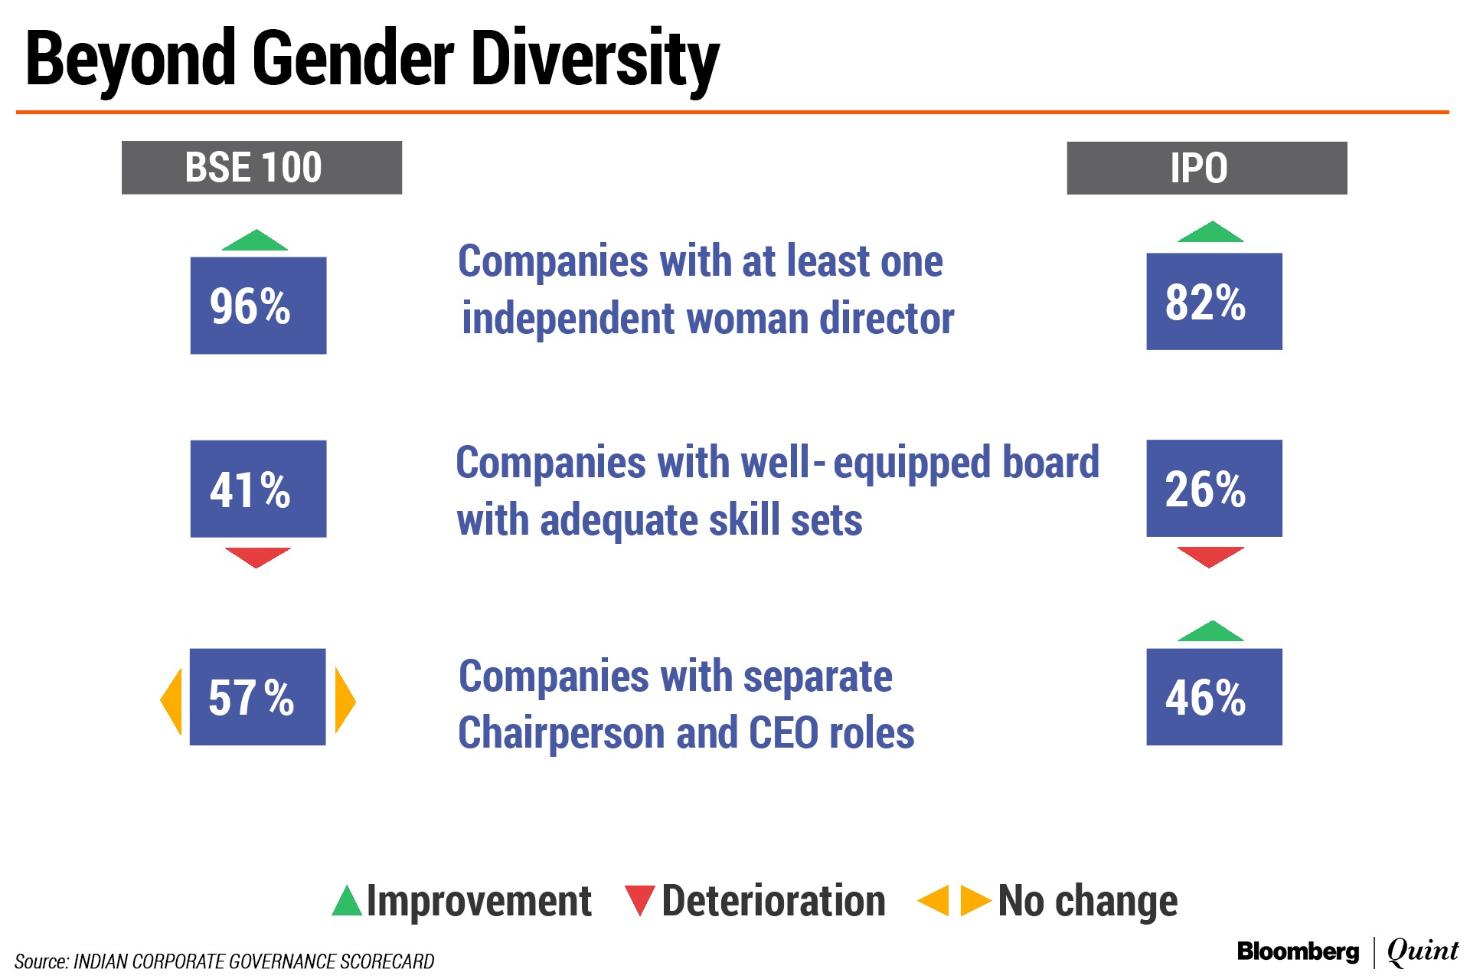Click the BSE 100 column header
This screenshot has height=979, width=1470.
tap(262, 167)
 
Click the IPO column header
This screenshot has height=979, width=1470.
tap(1207, 168)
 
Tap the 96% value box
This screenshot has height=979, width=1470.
tap(258, 306)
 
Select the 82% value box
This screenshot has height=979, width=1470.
tap(1214, 302)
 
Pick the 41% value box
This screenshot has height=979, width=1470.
tap(258, 489)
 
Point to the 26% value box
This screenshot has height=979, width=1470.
tap(1214, 488)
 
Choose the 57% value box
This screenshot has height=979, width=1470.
tap(258, 697)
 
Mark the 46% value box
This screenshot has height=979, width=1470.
tap(1214, 697)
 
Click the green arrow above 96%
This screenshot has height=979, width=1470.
tap(255, 241)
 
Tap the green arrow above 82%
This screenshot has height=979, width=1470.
tap(1210, 232)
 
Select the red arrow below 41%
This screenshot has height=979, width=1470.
tap(258, 558)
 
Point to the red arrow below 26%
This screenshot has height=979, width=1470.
tap(1210, 557)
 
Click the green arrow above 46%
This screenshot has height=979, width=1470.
tap(1210, 630)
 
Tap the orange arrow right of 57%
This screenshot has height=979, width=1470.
tap(344, 701)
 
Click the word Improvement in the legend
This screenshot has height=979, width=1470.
tap(479, 901)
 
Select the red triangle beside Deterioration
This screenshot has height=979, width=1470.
tap(639, 901)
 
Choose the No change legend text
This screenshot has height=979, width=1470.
tap(1088, 901)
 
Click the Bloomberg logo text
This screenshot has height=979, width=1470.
tap(1298, 951)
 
